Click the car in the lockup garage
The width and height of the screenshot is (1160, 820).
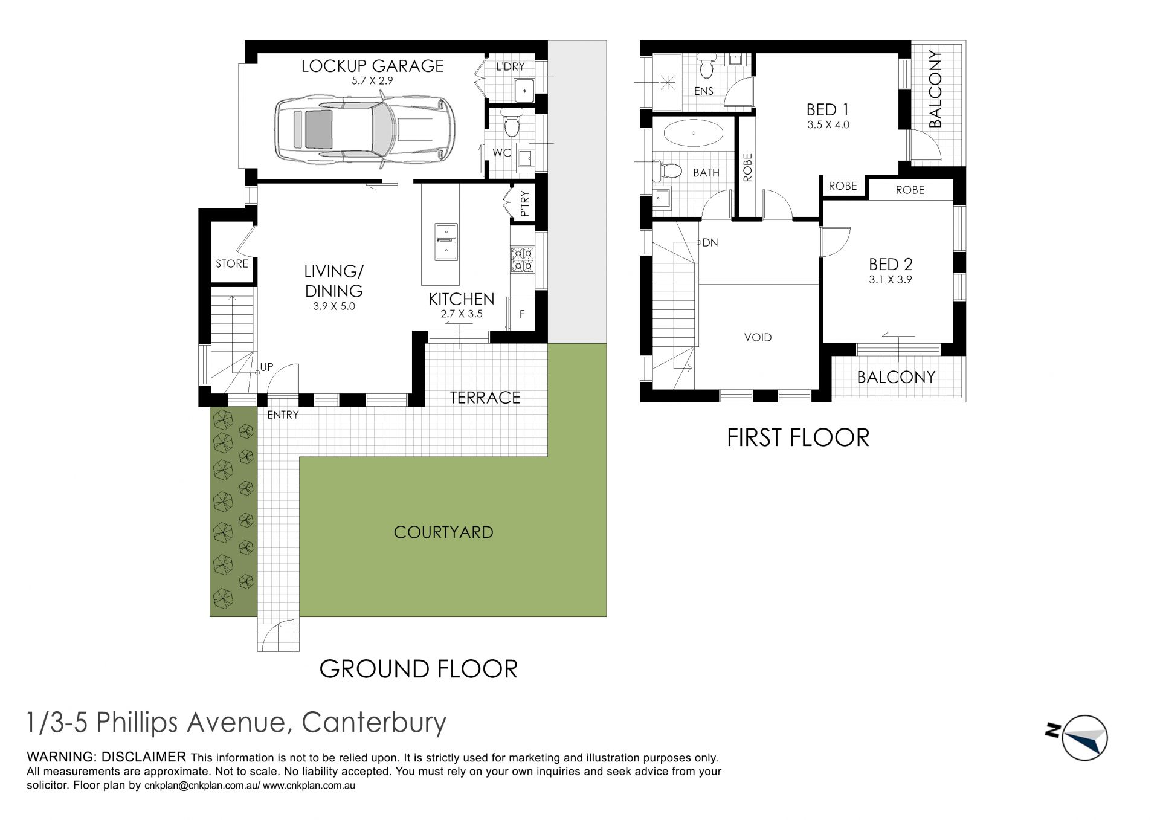[x=365, y=129]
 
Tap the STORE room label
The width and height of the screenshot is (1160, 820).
[x=232, y=263]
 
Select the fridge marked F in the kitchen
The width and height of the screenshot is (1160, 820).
[x=523, y=314]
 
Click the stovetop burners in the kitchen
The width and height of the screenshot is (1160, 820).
[x=522, y=259]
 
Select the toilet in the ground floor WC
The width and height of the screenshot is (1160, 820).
[x=511, y=123]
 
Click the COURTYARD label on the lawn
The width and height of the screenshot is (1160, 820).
[x=443, y=532]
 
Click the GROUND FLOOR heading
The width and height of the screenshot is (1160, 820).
[x=418, y=669]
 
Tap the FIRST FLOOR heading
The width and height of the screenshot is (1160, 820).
[x=798, y=437]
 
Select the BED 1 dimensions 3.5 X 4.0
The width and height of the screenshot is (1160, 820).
[x=828, y=125]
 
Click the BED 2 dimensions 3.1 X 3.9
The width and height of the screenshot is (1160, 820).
[x=891, y=280]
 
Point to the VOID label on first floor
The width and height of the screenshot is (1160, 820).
[x=758, y=337]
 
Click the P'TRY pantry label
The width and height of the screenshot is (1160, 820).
[x=524, y=204]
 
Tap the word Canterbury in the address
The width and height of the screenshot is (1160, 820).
[x=374, y=722]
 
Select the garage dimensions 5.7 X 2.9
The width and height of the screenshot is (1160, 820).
[x=373, y=80]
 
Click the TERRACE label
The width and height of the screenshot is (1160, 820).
[x=485, y=398]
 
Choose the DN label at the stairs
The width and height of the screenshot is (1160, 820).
[x=710, y=242]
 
